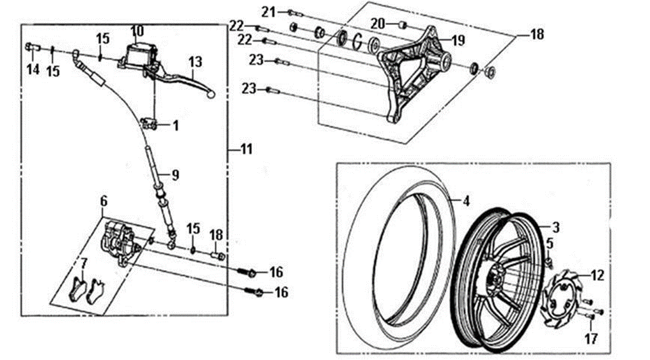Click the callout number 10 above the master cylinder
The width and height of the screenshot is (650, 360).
click(136, 31)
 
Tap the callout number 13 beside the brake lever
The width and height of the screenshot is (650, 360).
click(195, 61)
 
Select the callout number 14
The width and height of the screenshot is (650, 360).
click(33, 69)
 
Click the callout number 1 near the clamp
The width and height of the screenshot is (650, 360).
click(176, 126)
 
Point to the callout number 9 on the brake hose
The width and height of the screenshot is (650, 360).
click(176, 175)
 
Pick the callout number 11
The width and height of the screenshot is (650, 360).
click(246, 149)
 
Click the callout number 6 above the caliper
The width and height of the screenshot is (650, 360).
click(103, 201)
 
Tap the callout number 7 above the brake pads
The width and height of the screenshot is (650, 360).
click(84, 262)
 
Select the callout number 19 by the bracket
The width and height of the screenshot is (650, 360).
click(458, 40)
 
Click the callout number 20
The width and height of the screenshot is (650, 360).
click(378, 24)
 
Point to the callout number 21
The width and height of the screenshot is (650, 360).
click(269, 12)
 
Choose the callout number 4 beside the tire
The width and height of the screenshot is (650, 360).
click(466, 201)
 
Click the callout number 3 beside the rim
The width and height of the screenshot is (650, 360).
click(555, 227)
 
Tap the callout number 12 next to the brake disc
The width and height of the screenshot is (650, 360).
click(597, 275)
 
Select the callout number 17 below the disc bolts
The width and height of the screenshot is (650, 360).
click(591, 339)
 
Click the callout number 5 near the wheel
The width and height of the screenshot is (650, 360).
click(550, 244)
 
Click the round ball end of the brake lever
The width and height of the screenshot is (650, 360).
click(211, 95)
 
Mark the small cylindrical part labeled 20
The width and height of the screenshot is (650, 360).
click(402, 26)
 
